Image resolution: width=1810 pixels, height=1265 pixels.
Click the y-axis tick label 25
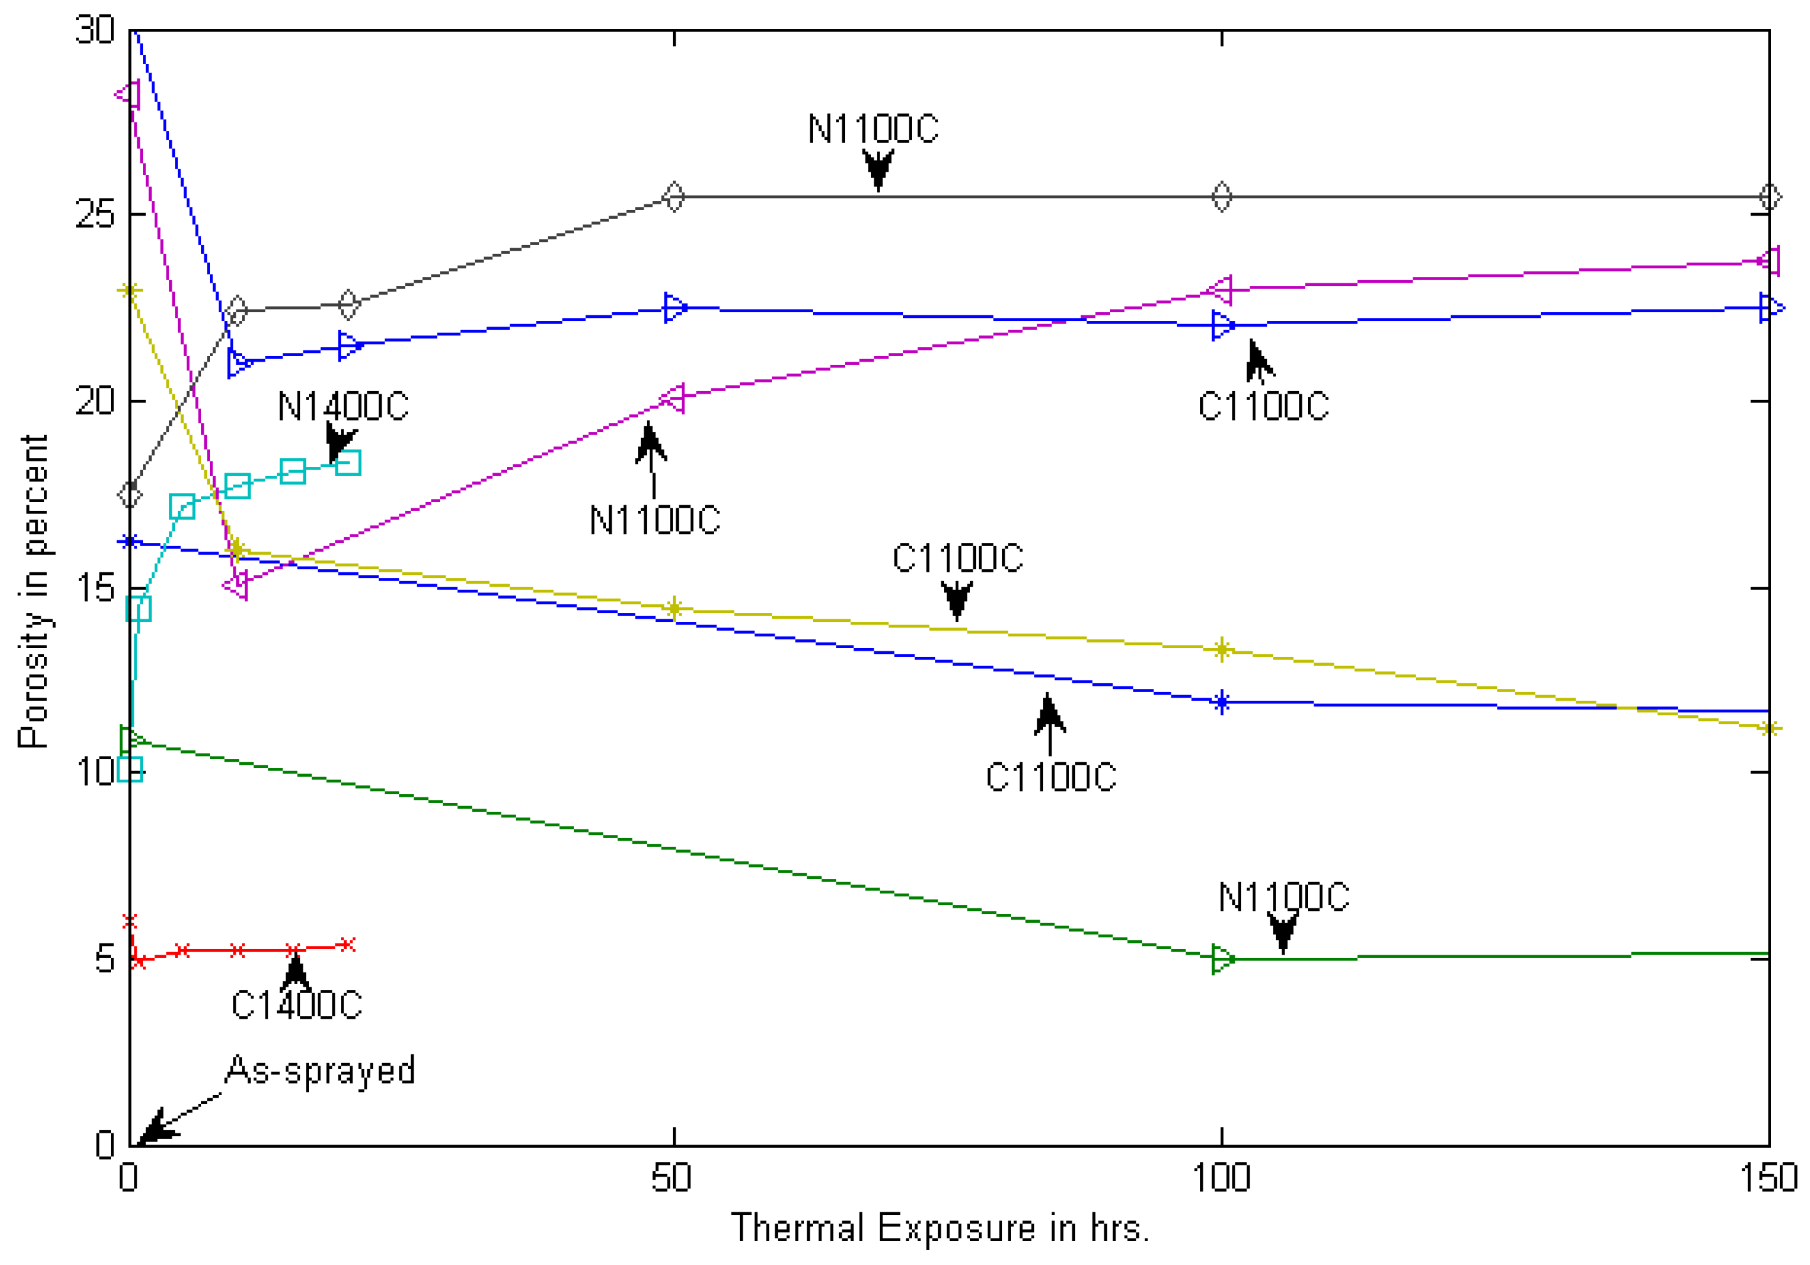pyautogui.click(x=95, y=214)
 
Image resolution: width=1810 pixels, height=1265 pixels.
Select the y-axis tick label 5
pyautogui.click(x=105, y=960)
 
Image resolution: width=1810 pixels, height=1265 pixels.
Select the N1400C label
pyautogui.click(x=343, y=407)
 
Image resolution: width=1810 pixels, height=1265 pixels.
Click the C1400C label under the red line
pyautogui.click(x=296, y=1005)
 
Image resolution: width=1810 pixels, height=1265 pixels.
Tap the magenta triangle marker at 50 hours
pyautogui.click(x=672, y=398)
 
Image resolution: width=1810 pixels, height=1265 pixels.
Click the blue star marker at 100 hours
pyautogui.click(x=1221, y=702)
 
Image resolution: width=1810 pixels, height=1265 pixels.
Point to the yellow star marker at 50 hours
pyautogui.click(x=673, y=608)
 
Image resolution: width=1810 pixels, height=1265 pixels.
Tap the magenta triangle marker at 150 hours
pyautogui.click(x=1769, y=260)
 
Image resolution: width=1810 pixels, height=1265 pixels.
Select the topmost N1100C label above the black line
pyautogui.click(x=872, y=129)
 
